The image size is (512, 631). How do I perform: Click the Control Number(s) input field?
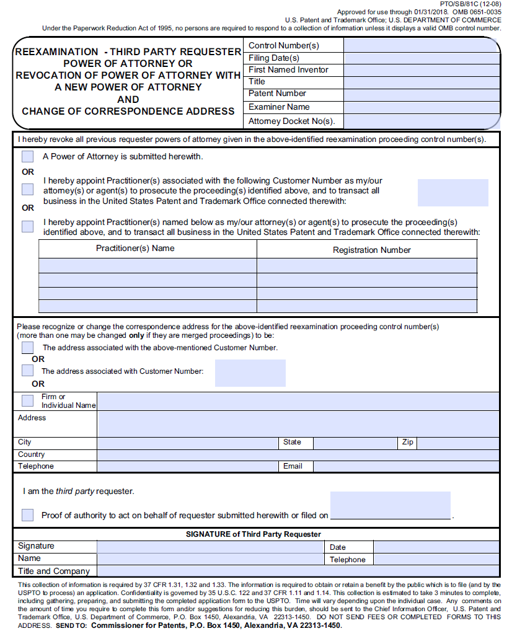click(x=422, y=45)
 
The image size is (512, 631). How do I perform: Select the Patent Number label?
click(x=277, y=94)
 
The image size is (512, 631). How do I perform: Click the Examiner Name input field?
click(x=422, y=107)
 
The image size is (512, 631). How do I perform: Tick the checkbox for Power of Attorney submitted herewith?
click(x=28, y=157)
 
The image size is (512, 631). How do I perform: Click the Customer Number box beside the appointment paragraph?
click(x=452, y=193)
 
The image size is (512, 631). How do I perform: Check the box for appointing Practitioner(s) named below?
click(x=28, y=226)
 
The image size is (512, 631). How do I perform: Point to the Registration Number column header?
click(x=371, y=250)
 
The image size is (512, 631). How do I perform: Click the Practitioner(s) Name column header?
click(x=135, y=249)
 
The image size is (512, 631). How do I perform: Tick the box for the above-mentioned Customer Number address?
click(x=28, y=348)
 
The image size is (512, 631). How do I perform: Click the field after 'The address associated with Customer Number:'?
click(x=250, y=373)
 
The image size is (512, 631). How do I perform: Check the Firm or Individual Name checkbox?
click(x=28, y=400)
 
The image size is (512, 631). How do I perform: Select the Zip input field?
click(x=457, y=443)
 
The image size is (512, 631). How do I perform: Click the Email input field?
click(x=406, y=466)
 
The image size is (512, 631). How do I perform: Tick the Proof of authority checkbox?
click(x=28, y=514)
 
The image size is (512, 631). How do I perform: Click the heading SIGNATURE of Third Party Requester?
click(x=254, y=534)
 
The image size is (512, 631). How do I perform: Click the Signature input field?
click(x=209, y=547)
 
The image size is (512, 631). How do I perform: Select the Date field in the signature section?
click(x=436, y=547)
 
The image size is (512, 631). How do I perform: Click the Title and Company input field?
click(x=298, y=571)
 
